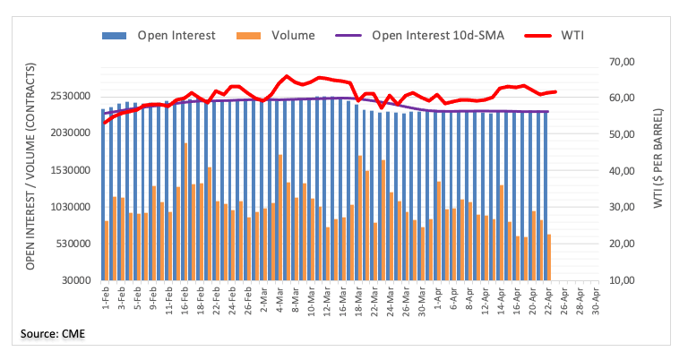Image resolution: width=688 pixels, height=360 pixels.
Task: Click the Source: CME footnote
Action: [54, 334]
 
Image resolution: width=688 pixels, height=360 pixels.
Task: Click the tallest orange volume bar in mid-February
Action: [186, 211]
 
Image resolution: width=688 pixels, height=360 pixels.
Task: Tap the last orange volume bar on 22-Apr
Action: [548, 257]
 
